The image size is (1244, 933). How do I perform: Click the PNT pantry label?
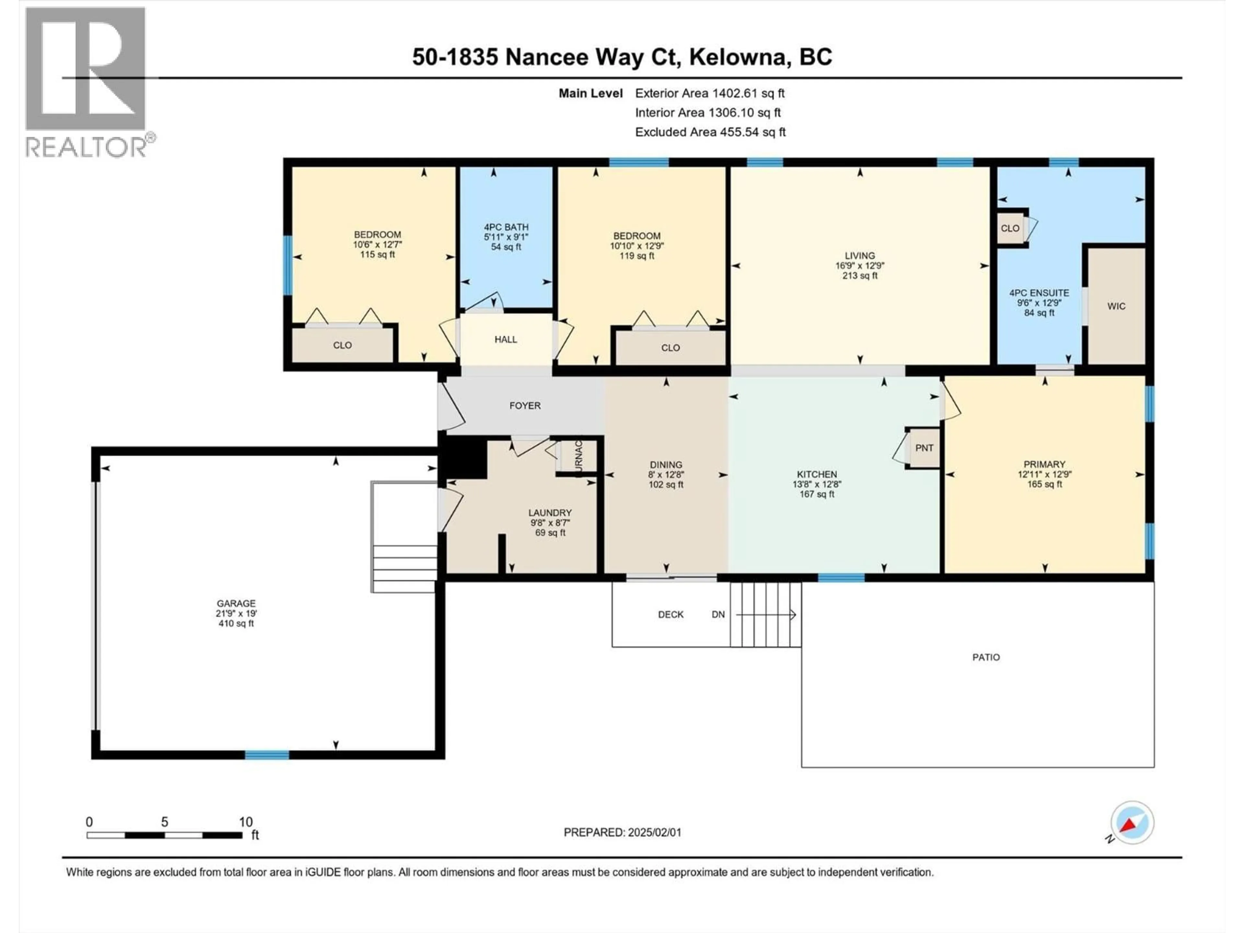point(924,448)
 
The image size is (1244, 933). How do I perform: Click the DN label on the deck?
point(718,615)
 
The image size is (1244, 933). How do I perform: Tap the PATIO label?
point(986,657)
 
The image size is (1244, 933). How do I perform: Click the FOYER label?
point(525,406)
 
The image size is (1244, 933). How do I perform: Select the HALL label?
point(506,340)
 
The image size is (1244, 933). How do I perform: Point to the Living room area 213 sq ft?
point(859,276)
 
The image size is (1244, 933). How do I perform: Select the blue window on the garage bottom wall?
point(267,755)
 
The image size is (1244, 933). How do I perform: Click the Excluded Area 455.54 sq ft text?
point(710,132)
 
